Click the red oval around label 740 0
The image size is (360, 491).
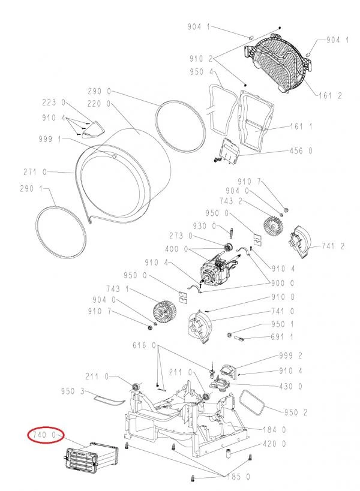click(46, 435)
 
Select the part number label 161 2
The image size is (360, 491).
click(330, 95)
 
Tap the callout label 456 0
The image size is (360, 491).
click(301, 151)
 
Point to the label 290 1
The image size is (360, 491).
click(31, 189)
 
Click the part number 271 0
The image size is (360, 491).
click(35, 172)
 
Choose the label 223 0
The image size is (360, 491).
click(54, 103)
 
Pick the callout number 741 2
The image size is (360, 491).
click(333, 246)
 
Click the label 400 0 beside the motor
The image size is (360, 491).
click(176, 249)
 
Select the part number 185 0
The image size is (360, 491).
click(238, 477)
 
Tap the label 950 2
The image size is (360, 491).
click(296, 412)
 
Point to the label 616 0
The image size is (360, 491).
click(144, 345)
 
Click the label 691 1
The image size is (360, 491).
click(282, 337)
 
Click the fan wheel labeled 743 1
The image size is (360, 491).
click(164, 311)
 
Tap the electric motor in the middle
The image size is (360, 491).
click(217, 268)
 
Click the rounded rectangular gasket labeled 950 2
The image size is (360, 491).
click(252, 402)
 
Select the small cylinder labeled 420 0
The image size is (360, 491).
click(229, 453)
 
